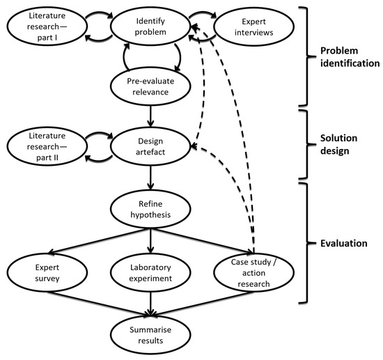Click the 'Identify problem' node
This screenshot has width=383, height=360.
click(x=151, y=27)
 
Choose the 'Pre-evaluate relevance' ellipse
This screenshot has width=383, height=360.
click(x=151, y=85)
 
